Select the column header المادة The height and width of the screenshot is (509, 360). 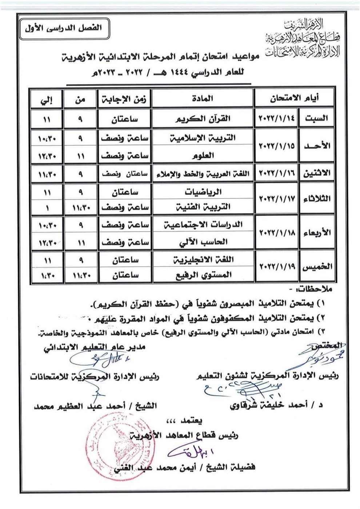point(203,98)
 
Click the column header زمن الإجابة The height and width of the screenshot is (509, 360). point(124,99)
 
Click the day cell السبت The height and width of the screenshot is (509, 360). point(316,118)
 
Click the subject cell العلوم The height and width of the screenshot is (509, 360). point(203,156)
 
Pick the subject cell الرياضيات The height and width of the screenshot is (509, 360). point(203,192)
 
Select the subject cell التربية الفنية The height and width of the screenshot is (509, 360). point(203,208)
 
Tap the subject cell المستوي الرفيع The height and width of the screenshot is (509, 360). point(203,275)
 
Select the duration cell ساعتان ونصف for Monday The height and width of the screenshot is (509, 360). point(124,174)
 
